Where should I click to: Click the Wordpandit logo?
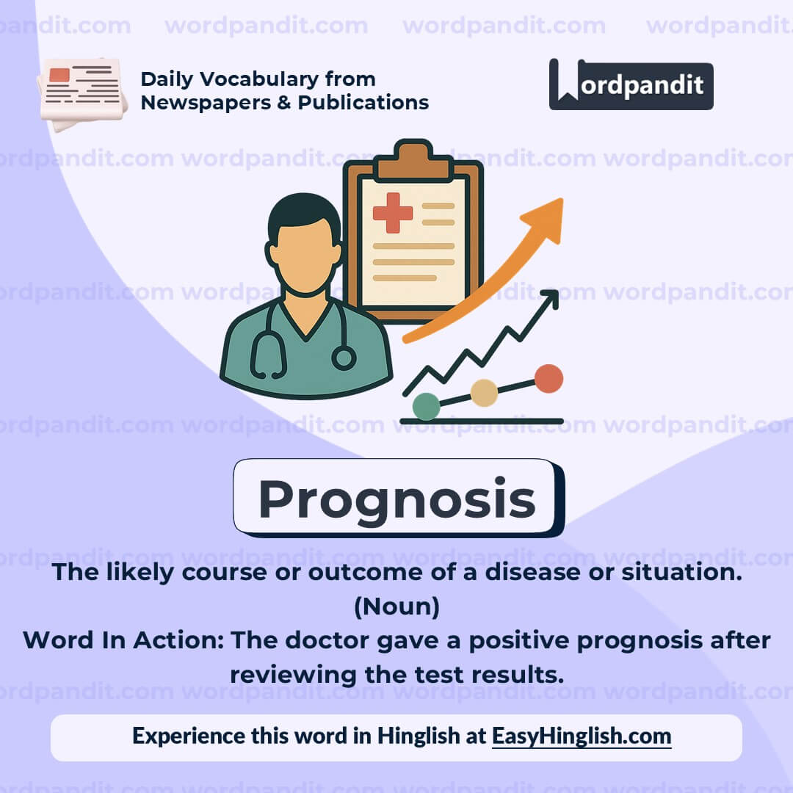(631, 84)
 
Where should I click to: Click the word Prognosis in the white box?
(397, 499)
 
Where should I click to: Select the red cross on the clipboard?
(393, 213)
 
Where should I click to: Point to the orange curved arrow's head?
(547, 217)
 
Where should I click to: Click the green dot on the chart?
(426, 406)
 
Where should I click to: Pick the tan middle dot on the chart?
(484, 393)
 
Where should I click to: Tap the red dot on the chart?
(548, 379)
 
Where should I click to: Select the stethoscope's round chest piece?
(343, 358)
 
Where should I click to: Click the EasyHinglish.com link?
(582, 736)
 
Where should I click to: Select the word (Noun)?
(396, 606)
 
